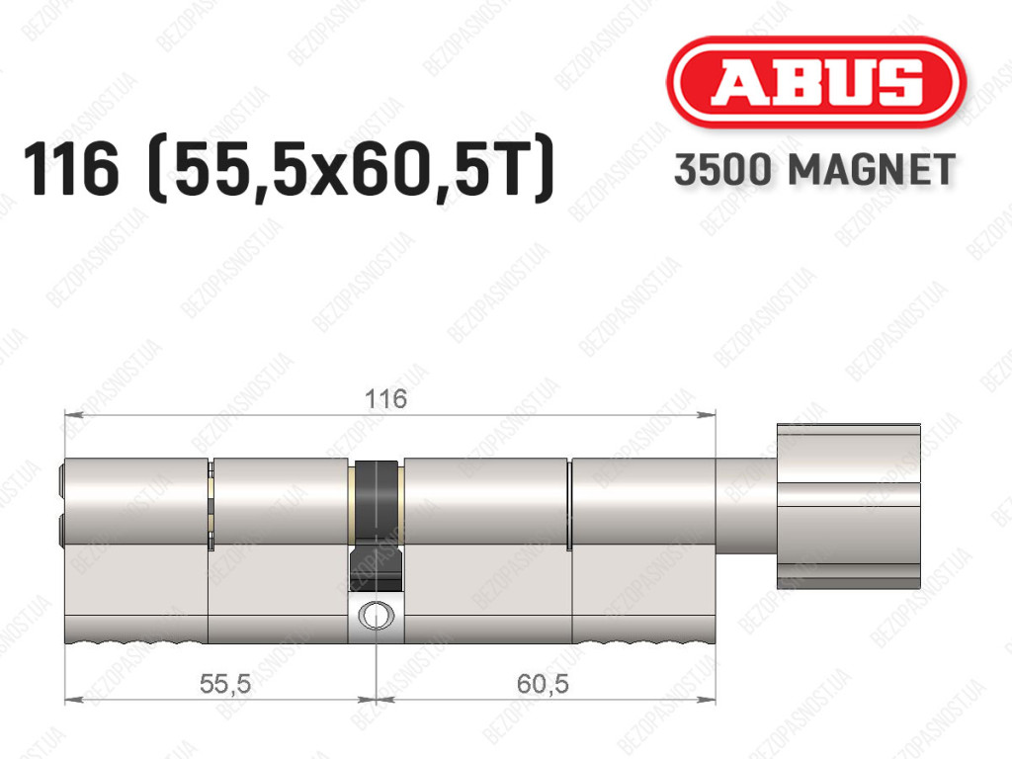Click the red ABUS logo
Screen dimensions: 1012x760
[815, 83]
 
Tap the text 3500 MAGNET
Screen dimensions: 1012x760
[814, 170]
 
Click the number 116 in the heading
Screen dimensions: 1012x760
[71, 169]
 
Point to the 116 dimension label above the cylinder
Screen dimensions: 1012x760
[385, 398]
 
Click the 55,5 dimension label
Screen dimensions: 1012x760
[224, 683]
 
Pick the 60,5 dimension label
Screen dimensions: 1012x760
[543, 683]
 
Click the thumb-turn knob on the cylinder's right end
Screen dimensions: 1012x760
[849, 506]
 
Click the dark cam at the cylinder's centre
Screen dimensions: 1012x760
[377, 524]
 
